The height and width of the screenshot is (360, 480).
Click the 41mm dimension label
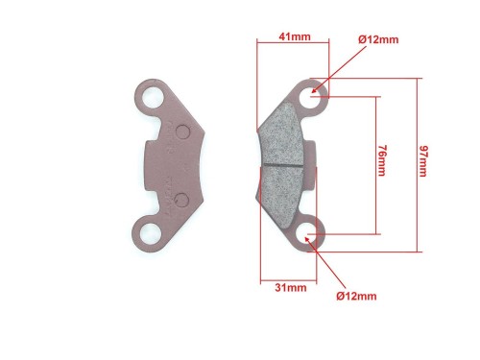pos(295,36)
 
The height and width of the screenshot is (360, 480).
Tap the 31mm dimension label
pos(291,288)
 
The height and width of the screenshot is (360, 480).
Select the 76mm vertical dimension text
pos(381,160)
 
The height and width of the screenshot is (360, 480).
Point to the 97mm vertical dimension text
pos(423,161)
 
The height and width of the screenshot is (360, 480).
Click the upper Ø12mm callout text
pos(378,39)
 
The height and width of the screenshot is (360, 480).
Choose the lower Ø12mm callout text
pos(356,296)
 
